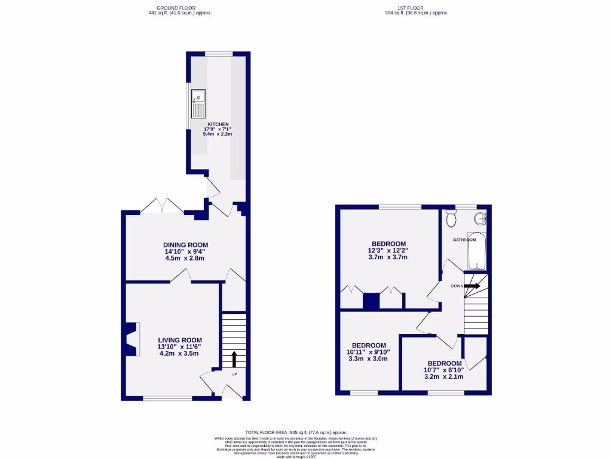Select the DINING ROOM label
pos(185,245)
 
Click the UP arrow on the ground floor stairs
pos(233,359)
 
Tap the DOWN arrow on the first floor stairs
pos(472,286)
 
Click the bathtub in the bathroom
pos(477,251)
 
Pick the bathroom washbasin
pos(481,219)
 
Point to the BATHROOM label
pos(464,240)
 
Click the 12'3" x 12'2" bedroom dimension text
pos(388,250)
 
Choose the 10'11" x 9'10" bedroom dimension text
pos(368,352)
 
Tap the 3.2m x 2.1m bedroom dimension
pos(444,377)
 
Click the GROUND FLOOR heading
pos(180,7)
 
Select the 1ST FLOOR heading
pos(417,7)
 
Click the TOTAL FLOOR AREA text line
pos(296,432)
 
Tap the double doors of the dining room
pos(163,206)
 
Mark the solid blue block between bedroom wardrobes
pos(371,301)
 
